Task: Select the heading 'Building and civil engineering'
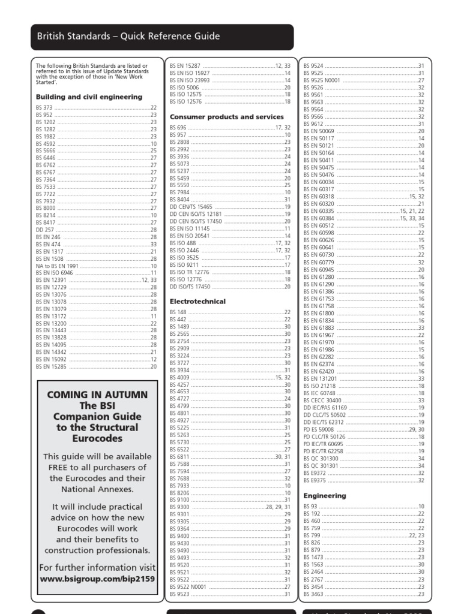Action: tap(89, 97)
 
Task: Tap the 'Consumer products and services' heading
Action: tap(227, 117)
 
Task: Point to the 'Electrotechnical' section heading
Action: tap(197, 302)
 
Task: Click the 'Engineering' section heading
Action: tap(325, 496)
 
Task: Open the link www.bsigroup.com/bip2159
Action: tap(97, 580)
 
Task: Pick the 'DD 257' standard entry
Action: tap(44, 230)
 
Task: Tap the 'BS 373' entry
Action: tap(44, 107)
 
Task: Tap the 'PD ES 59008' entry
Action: tap(319, 429)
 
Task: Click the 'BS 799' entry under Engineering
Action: tap(312, 535)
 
